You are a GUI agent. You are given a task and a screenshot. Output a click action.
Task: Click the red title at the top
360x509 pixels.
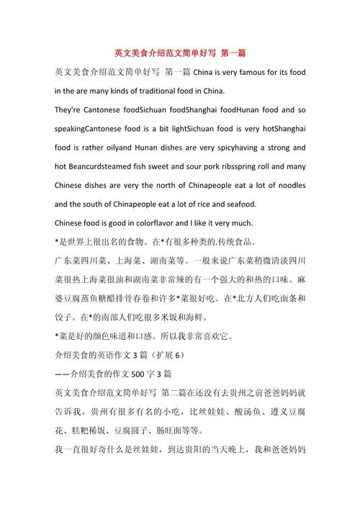coord(181,53)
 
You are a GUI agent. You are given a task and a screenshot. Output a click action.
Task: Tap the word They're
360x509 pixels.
coord(71,110)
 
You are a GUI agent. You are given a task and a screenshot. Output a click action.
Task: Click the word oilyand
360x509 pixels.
coord(116,148)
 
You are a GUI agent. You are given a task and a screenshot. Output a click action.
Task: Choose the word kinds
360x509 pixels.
coord(107,91)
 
